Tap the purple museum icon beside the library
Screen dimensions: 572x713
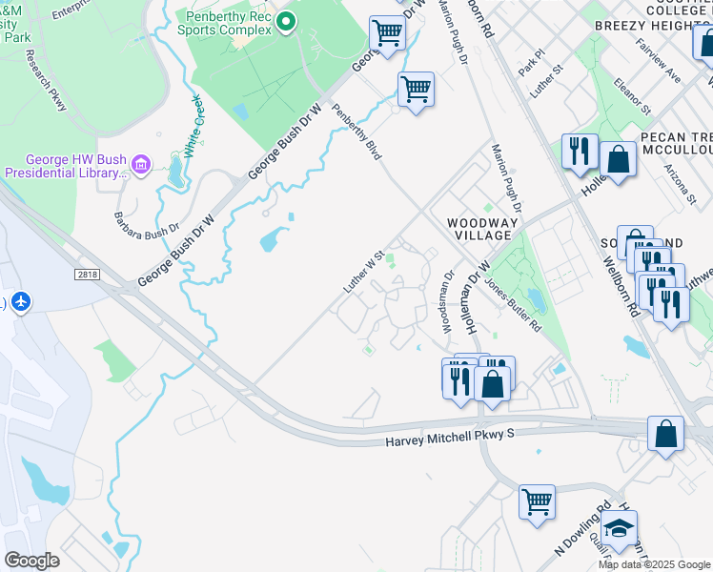click(142, 166)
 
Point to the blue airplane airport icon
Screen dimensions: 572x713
click(21, 302)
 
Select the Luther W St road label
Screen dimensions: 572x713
click(364, 273)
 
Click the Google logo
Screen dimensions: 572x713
click(32, 561)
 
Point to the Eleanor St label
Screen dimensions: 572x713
click(634, 95)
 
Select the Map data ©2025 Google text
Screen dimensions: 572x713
click(655, 564)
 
